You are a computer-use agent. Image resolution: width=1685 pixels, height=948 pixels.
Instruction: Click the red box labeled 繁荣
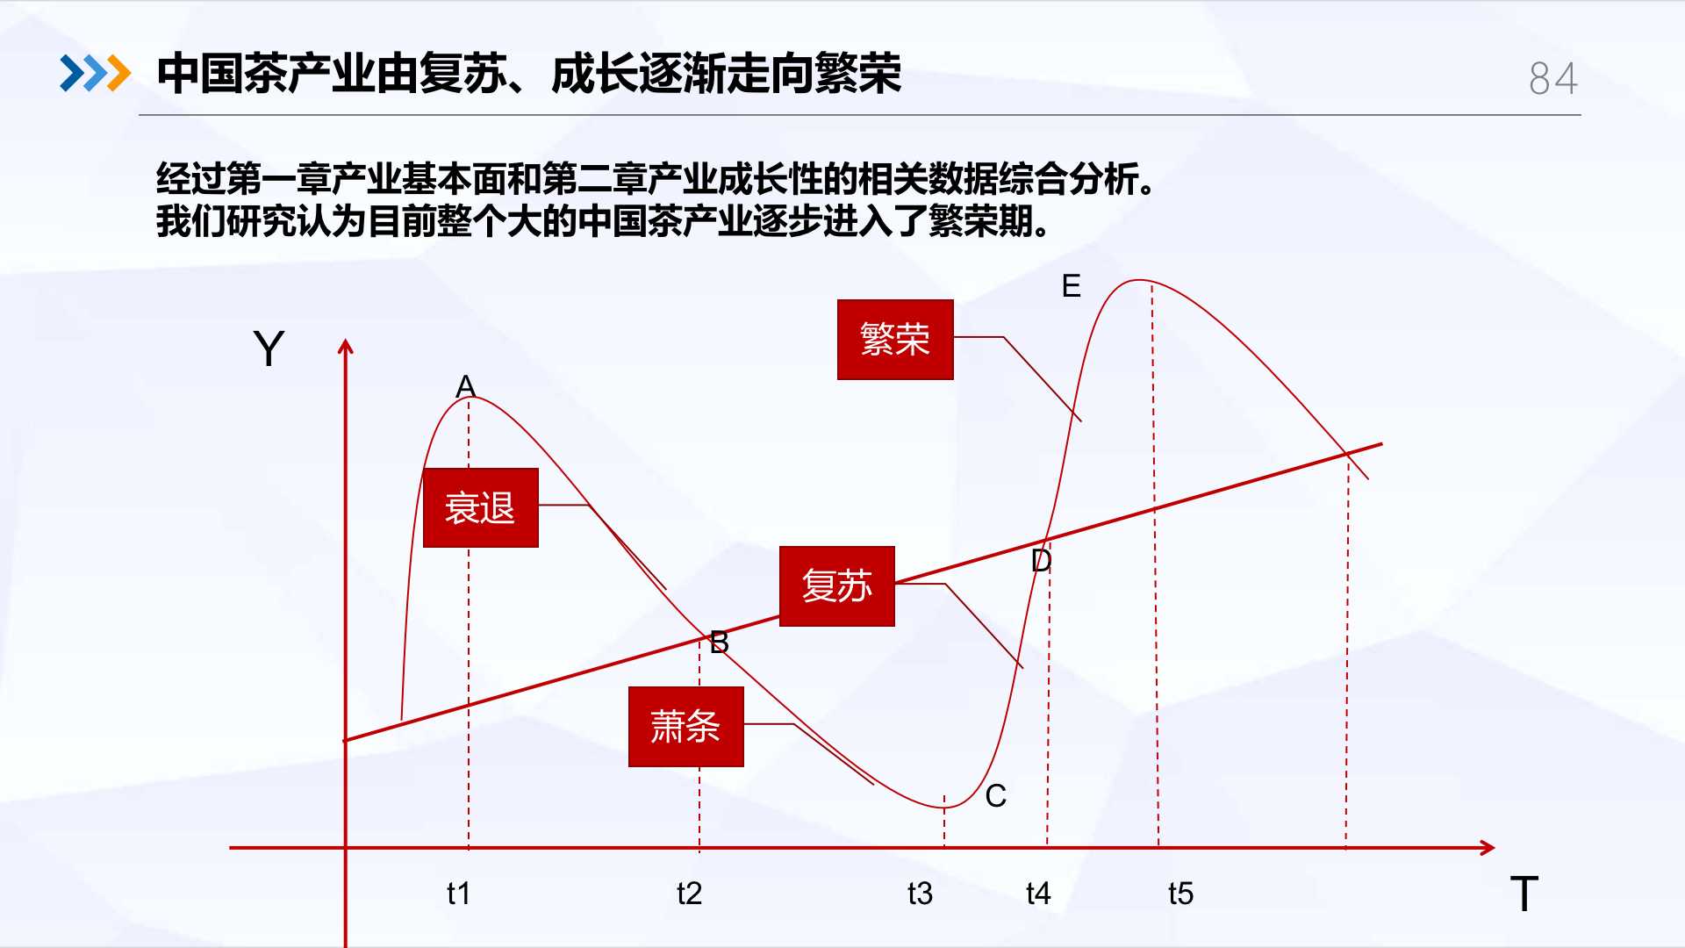pos(895,340)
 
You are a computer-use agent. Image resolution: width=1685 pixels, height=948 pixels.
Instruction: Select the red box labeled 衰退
pos(481,508)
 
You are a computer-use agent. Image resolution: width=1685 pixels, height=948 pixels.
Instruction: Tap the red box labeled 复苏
pos(837,586)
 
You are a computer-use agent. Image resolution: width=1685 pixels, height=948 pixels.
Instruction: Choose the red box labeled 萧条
pos(686,727)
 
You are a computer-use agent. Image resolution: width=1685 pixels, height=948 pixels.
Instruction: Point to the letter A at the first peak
pos(465,386)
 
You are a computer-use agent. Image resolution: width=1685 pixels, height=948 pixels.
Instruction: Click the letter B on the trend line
pos(720,643)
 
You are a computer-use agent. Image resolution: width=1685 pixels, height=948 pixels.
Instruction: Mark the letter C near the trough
pos(995,796)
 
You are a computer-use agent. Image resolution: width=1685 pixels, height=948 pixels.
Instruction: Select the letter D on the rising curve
pos(1041,560)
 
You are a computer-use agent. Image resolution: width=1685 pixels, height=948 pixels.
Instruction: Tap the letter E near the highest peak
pos(1071,286)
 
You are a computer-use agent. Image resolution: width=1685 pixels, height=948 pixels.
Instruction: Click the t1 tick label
pos(458,894)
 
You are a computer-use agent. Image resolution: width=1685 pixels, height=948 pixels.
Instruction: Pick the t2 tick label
pos(689,894)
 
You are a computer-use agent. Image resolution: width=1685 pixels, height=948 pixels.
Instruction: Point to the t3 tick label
pos(920,894)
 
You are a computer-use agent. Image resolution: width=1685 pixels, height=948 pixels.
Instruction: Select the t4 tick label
pos(1038,894)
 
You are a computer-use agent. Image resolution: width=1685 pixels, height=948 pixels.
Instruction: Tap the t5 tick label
pos(1180,894)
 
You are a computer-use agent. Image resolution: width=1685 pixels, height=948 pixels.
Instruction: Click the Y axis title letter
pos(269,348)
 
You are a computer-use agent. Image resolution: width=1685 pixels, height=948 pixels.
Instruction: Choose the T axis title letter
pos(1524,894)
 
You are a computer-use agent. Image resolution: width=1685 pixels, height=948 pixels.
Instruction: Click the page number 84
pos(1553,78)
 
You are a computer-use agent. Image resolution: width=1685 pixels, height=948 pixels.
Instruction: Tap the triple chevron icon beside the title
pos(95,73)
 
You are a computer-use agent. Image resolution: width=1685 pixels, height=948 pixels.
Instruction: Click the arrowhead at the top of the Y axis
pos(346,347)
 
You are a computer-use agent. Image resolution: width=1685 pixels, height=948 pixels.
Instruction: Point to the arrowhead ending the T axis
pos(1488,848)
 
